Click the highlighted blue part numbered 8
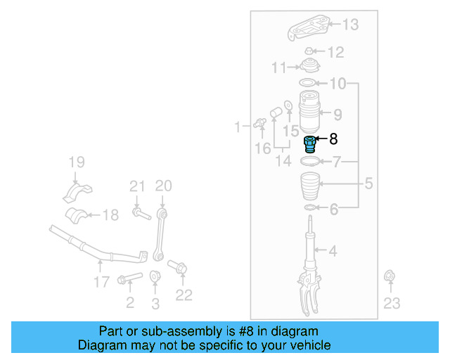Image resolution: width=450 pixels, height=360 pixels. click(x=309, y=145)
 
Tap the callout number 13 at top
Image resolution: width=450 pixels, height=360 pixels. click(x=349, y=25)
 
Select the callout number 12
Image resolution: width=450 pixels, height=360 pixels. click(x=335, y=52)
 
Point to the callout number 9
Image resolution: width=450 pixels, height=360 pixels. click(x=337, y=113)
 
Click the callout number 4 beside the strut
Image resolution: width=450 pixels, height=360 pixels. click(x=333, y=250)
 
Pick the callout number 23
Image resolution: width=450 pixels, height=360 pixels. click(x=391, y=303)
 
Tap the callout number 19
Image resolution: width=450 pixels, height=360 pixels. click(x=75, y=163)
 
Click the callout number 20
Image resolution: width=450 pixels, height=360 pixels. click(x=163, y=186)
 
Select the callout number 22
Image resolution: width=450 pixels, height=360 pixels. click(x=184, y=295)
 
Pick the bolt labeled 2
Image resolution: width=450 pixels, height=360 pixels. click(x=129, y=279)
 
